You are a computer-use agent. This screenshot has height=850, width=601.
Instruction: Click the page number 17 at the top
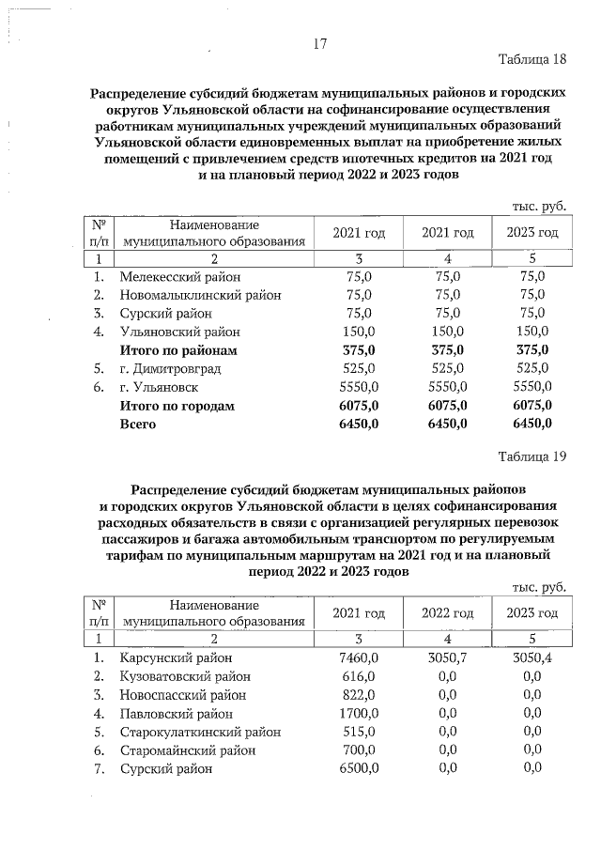coord(319,43)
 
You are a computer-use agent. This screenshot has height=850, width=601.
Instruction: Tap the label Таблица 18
coord(532,60)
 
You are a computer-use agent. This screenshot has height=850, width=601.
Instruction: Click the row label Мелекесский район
coord(179,277)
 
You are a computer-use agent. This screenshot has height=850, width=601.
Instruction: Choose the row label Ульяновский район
coord(179,332)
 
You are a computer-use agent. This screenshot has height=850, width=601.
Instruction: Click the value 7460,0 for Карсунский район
coord(357,658)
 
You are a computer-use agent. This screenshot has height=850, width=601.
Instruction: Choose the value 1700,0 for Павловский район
coord(357,714)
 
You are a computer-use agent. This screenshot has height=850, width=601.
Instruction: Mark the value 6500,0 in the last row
coord(357,768)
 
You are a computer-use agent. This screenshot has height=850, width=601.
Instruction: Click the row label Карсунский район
coord(175,658)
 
